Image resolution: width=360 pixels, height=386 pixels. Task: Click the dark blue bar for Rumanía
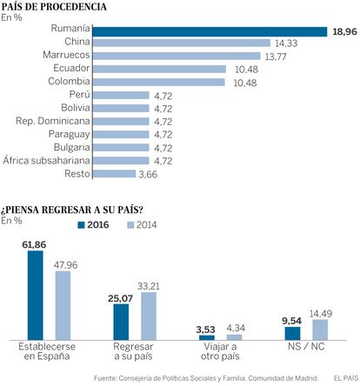click(210, 31)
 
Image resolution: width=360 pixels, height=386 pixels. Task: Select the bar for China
click(182, 43)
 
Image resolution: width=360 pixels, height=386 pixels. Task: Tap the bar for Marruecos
click(177, 56)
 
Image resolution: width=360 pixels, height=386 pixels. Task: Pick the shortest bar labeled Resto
click(114, 174)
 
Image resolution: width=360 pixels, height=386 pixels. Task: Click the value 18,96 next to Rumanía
click(344, 31)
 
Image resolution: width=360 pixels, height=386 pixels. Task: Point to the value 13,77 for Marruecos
click(276, 57)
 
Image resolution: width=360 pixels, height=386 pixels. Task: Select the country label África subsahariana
click(46, 160)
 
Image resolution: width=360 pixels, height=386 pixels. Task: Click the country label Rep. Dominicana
click(53, 121)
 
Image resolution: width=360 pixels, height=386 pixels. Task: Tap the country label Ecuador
click(71, 68)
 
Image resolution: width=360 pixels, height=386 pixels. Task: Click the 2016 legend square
click(81, 225)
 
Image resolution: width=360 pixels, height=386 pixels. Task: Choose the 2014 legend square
click(130, 225)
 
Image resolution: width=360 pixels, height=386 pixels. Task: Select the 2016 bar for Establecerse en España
click(36, 296)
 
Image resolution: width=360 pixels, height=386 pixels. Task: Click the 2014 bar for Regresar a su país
click(149, 316)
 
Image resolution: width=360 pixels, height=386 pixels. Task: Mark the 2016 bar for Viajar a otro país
click(207, 337)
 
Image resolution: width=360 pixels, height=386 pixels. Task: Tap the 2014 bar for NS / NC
click(320, 329)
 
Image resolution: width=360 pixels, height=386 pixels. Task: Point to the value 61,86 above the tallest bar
click(34, 245)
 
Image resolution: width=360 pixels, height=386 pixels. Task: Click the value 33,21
click(149, 286)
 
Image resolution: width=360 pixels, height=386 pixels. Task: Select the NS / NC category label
click(306, 347)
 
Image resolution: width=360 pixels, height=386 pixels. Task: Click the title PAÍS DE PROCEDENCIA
click(54, 7)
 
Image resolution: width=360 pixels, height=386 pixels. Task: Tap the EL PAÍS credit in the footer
click(346, 378)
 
